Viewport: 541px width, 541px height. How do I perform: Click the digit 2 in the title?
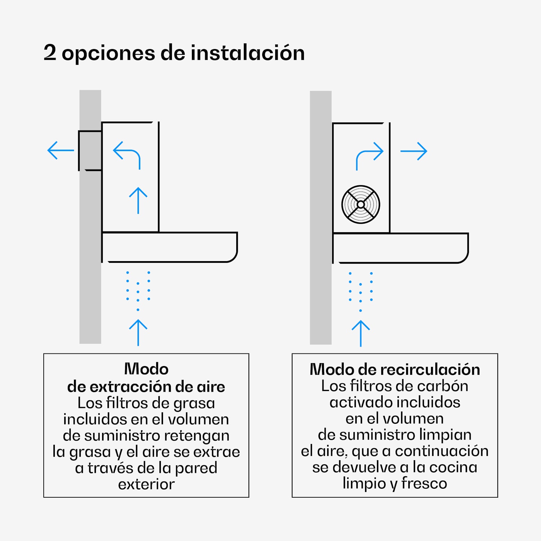coord(50,53)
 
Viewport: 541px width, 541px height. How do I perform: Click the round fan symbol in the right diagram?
coord(361,204)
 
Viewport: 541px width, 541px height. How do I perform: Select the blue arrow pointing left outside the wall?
coord(61,150)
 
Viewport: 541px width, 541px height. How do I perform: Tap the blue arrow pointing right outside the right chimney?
coord(414,151)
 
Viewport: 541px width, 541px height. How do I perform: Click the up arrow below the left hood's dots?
coord(138,332)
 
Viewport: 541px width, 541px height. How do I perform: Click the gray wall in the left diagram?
coord(90,289)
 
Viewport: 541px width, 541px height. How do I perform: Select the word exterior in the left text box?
coord(146,484)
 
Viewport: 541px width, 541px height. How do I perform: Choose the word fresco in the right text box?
coord(424,483)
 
